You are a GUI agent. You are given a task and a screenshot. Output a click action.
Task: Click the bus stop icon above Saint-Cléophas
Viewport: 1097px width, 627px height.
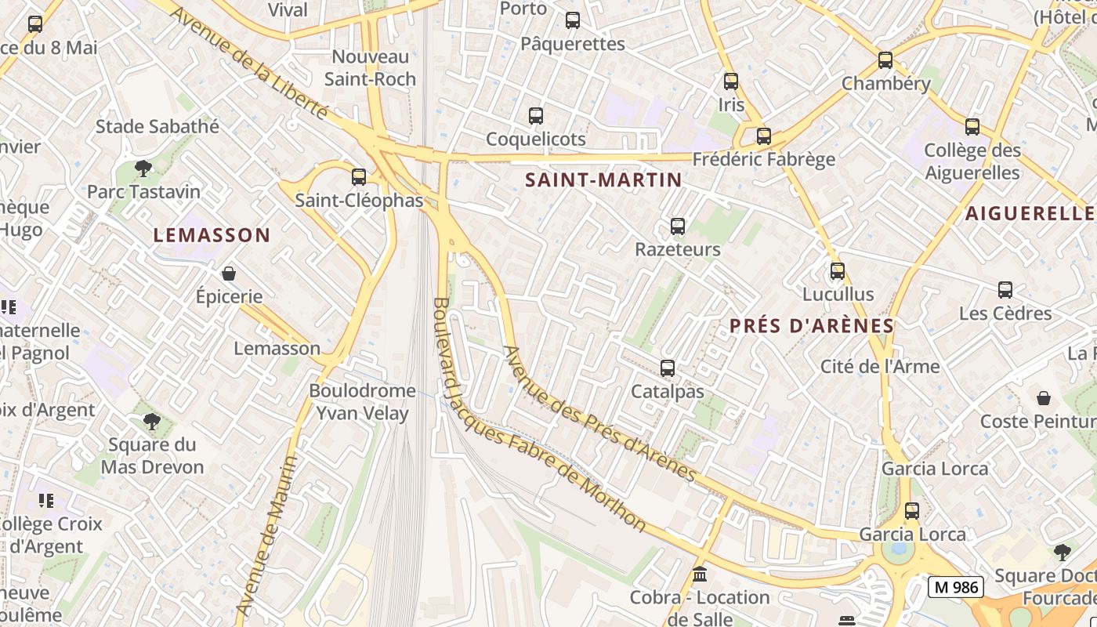[359, 177]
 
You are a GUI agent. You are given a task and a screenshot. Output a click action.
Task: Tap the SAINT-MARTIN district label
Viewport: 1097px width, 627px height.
[603, 180]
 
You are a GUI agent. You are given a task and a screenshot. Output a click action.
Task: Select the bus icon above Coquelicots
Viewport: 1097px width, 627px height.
[536, 116]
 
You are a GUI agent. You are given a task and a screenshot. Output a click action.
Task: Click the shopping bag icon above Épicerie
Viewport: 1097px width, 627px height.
[229, 274]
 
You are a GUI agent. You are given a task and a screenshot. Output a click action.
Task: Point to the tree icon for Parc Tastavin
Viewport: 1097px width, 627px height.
[143, 168]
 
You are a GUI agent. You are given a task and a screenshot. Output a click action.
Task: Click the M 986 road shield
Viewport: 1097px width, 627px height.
[955, 586]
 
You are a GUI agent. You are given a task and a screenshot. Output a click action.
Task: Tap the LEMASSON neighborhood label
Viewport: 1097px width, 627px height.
[212, 235]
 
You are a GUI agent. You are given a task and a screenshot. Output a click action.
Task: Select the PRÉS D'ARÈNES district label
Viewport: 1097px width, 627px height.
[812, 326]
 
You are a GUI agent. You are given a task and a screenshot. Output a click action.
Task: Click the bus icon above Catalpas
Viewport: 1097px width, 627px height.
[668, 368]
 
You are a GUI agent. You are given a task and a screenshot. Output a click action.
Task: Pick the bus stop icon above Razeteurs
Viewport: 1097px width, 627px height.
[678, 227]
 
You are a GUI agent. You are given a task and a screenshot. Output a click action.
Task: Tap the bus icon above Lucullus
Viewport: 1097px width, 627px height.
[838, 271]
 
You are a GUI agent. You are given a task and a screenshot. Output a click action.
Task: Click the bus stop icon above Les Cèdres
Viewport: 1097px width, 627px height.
[1005, 290]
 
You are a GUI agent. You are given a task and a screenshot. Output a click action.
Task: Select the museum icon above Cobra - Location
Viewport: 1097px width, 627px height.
[700, 574]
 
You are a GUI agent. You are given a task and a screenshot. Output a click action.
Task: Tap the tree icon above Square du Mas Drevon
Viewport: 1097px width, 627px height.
[152, 422]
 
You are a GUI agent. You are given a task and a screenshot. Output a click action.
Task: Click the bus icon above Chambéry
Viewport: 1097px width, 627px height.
[885, 60]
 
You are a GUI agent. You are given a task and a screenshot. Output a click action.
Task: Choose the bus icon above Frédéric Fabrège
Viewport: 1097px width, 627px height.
[764, 136]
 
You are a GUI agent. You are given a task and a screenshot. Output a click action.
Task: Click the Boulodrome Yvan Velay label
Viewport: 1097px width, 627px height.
[362, 401]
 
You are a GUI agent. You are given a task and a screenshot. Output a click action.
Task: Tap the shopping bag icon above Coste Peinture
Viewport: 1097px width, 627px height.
[1044, 398]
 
